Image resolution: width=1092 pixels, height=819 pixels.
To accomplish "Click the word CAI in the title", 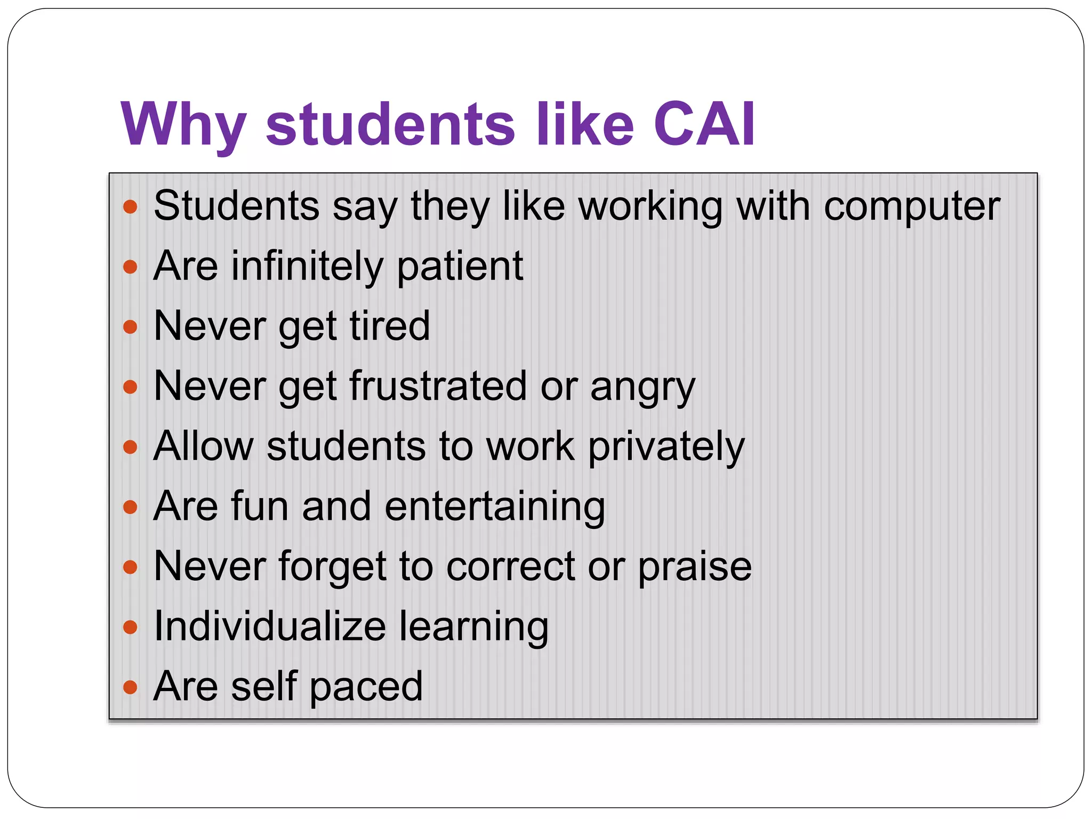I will [x=704, y=124].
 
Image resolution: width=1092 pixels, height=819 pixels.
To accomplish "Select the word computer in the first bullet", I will [x=911, y=206].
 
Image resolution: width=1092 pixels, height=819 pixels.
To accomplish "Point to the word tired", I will [x=390, y=326].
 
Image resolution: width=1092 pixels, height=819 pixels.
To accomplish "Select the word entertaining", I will [x=494, y=507].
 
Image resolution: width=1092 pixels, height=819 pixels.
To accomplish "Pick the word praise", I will [x=694, y=567].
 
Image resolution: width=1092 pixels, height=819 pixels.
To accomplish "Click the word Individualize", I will [x=269, y=626].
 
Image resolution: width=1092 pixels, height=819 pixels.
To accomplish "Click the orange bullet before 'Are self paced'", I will [x=130, y=687].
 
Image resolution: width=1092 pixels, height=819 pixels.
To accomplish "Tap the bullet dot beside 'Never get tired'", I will [x=130, y=326].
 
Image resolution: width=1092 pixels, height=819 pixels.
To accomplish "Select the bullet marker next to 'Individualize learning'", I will [x=130, y=627].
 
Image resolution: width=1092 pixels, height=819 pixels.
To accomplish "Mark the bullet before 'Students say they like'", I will [x=130, y=206].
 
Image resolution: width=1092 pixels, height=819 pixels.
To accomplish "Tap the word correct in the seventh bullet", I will [x=510, y=566].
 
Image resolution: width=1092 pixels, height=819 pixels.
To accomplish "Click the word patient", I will [x=460, y=267].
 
